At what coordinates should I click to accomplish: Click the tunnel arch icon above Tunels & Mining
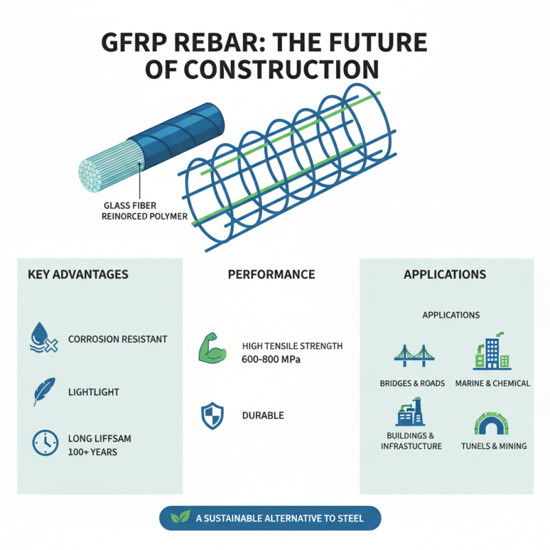[492, 423]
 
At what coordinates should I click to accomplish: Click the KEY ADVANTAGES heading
[78, 274]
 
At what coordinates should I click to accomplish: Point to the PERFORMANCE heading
[271, 274]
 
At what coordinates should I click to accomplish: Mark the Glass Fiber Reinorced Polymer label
[144, 211]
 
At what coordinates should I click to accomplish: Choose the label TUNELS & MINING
[492, 446]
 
